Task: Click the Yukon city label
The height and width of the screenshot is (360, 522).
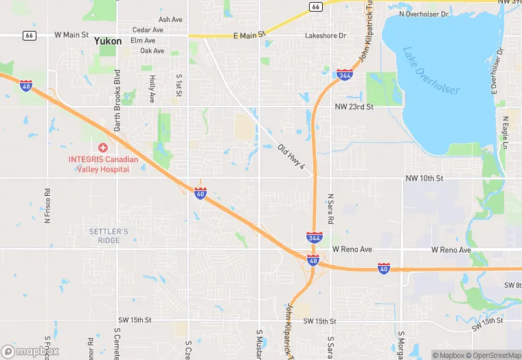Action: click(x=108, y=41)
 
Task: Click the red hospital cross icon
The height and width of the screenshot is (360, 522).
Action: click(x=103, y=148)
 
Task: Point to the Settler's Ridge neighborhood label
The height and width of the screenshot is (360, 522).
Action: click(x=109, y=236)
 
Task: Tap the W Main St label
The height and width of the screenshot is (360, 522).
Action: click(x=71, y=34)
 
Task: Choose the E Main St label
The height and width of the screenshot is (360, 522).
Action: click(x=249, y=36)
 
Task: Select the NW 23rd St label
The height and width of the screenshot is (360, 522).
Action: click(x=354, y=107)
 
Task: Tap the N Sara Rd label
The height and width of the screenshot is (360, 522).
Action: click(x=330, y=210)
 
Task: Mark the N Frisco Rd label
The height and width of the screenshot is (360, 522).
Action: click(x=47, y=206)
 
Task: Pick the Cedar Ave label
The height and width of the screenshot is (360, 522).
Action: click(x=148, y=30)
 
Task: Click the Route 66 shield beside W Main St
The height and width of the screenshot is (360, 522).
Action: click(x=28, y=35)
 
